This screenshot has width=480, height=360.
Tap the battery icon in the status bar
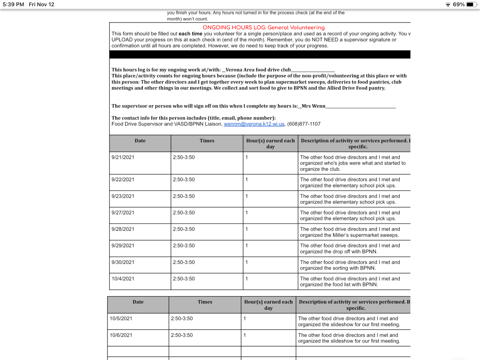[472, 4]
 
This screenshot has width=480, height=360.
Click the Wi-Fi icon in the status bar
[448, 4]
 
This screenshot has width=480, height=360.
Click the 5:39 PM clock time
[13, 4]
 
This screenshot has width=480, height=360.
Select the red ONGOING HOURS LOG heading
[264, 27]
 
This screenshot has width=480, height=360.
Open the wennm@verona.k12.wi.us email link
[254, 124]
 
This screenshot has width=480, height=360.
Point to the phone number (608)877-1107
[304, 124]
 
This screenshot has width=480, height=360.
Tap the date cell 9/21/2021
[123, 157]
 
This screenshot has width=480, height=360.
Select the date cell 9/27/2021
[123, 213]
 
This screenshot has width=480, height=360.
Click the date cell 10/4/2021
[123, 279]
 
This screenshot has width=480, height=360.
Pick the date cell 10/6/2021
[121, 335]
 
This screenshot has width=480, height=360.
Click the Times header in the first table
[207, 141]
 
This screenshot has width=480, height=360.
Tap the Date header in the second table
[138, 302]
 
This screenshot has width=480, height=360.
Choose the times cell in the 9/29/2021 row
[184, 246]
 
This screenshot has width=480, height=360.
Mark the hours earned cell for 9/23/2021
[247, 196]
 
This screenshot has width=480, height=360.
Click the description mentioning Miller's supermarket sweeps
[349, 232]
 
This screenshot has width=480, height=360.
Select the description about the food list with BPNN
[349, 282]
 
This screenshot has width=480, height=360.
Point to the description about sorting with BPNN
[349, 265]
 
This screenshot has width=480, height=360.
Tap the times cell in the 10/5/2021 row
[182, 319]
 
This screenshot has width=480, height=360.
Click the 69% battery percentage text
[459, 4]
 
